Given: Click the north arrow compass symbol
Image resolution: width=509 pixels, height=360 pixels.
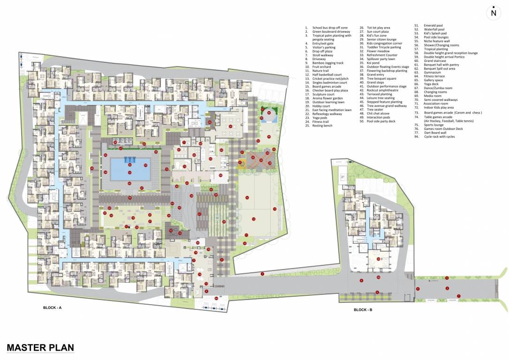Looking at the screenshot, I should click(x=493, y=13).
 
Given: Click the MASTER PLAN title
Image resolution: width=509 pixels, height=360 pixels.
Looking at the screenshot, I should click(x=40, y=347).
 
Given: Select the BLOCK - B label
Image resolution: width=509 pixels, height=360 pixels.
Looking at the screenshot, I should click(x=363, y=310).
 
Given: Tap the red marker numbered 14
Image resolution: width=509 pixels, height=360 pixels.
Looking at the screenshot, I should click(x=246, y=198).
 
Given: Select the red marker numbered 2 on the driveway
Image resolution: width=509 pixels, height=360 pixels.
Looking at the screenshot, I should click(x=447, y=288).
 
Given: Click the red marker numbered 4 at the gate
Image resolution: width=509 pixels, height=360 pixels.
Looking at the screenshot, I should click(x=418, y=289).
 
